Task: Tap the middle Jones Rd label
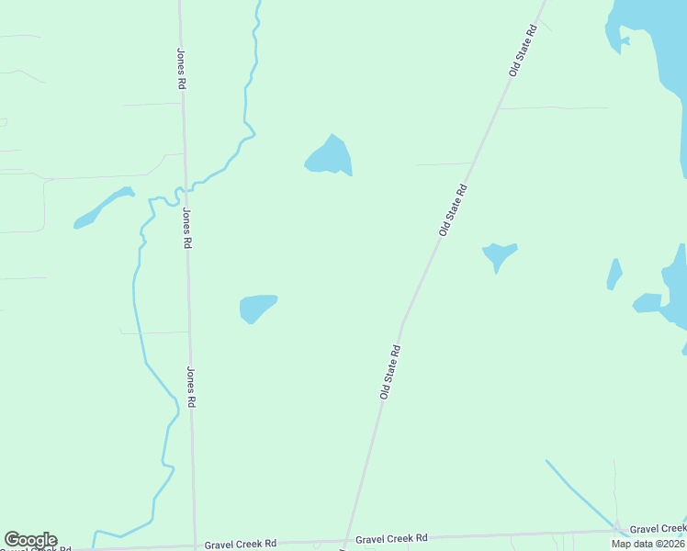(x=187, y=229)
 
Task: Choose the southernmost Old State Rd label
(x=390, y=372)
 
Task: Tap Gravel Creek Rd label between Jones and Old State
(x=241, y=544)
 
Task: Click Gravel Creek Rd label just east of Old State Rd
(x=391, y=538)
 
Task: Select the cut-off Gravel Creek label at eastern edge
(x=658, y=528)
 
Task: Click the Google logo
(x=30, y=540)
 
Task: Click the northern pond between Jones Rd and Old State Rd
(x=329, y=156)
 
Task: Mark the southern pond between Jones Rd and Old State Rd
(x=255, y=307)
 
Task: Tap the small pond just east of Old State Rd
(x=499, y=254)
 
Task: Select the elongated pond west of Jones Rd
(x=103, y=208)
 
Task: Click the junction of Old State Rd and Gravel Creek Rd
(x=345, y=541)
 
